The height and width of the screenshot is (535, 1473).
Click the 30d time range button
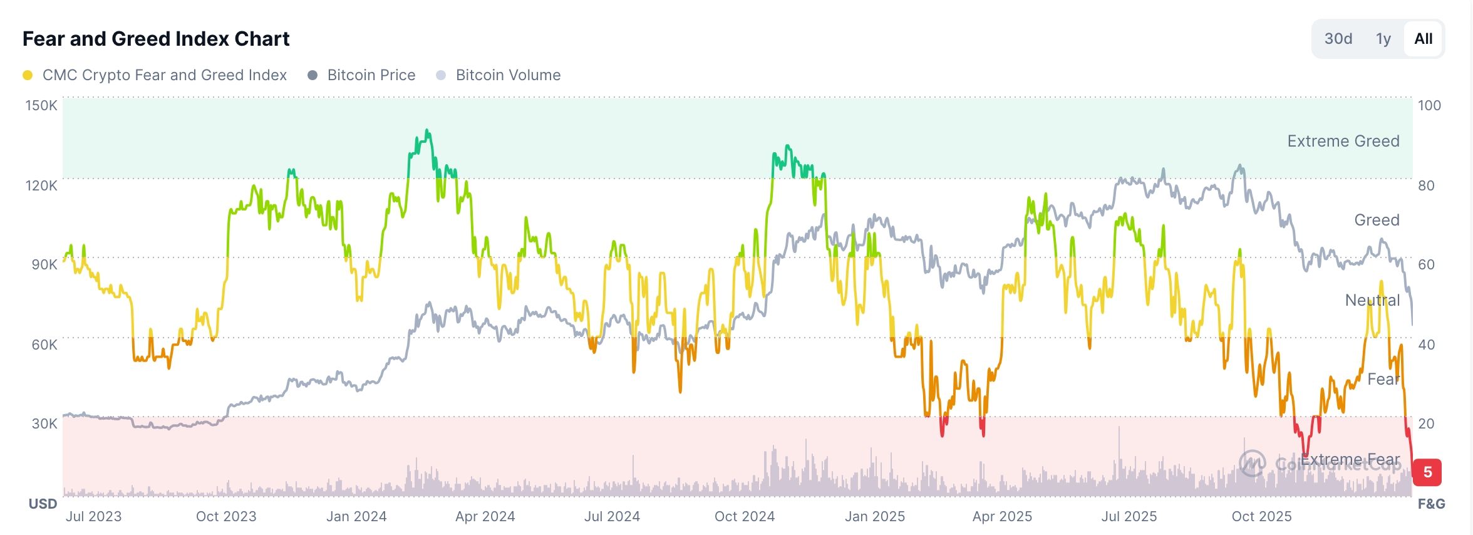(1338, 39)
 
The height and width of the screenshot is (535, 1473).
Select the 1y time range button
(1383, 39)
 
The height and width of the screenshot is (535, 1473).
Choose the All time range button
(1423, 39)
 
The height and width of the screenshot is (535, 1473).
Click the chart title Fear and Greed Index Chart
(156, 39)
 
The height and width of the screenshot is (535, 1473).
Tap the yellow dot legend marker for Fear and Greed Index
(28, 75)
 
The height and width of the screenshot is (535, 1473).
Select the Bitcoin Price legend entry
(371, 75)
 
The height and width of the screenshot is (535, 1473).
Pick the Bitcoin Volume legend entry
(508, 75)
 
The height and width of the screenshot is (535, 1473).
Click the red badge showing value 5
(1427, 472)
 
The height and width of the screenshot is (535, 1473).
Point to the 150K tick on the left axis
(41, 105)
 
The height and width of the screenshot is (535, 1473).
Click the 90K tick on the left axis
(44, 264)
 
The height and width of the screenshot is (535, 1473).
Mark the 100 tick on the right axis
(1429, 105)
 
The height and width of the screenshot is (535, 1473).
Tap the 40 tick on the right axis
(1426, 344)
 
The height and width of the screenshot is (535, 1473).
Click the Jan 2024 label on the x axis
(356, 516)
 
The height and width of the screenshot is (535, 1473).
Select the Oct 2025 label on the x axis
(1261, 516)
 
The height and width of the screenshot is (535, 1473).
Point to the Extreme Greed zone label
(1343, 141)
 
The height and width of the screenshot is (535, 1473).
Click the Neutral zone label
(1372, 300)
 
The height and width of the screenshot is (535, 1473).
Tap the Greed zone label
(1377, 220)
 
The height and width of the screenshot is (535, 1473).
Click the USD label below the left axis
(43, 504)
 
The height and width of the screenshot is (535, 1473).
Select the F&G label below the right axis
(1431, 504)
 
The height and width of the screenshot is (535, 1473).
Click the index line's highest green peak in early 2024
(427, 131)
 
